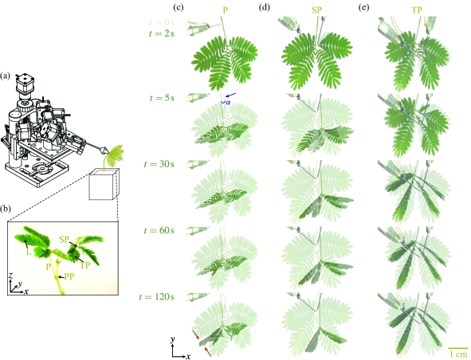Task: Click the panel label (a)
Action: coord(6,77)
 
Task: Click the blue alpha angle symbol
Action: coord(227,102)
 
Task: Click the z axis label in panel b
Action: coord(10,273)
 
